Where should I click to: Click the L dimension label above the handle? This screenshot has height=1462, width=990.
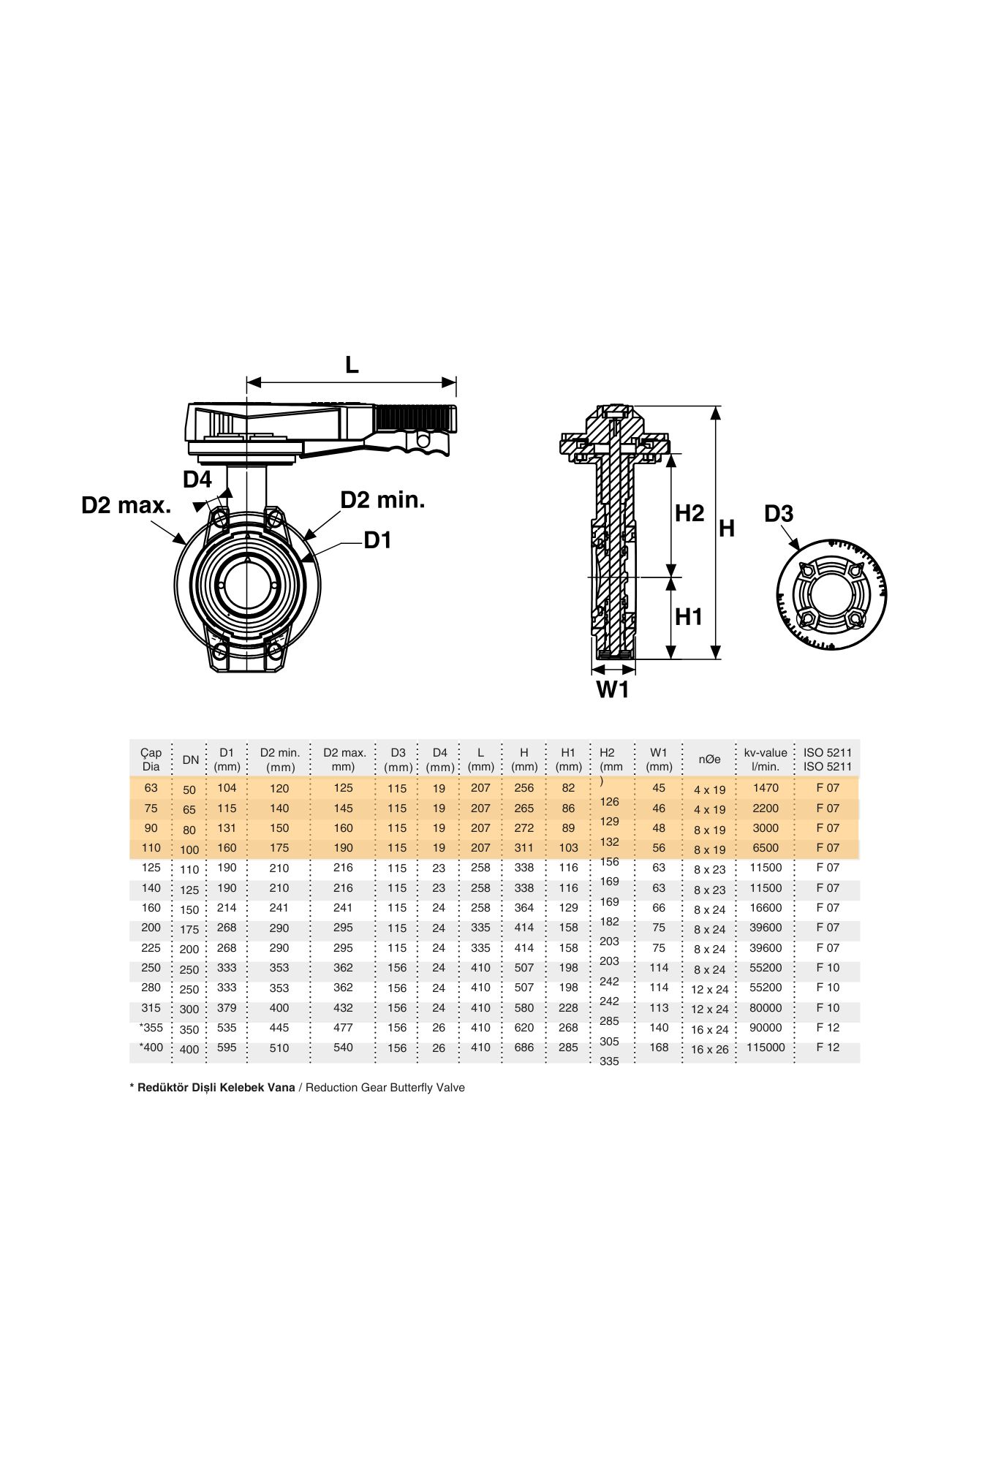tap(352, 365)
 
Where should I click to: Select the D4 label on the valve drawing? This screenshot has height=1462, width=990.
tap(197, 480)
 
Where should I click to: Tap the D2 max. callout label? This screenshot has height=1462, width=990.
tap(126, 505)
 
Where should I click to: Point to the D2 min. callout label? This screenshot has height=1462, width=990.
tap(382, 500)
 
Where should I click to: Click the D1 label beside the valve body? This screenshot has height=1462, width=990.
tap(378, 540)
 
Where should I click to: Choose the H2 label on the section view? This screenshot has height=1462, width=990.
tap(689, 513)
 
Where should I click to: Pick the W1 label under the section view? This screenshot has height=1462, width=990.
tap(613, 689)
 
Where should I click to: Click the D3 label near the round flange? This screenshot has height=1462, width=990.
tap(778, 514)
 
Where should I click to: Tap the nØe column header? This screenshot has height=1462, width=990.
tap(709, 760)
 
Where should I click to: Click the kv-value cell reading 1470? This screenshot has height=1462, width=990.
tap(766, 788)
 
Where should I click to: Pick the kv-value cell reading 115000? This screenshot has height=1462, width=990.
tap(766, 1048)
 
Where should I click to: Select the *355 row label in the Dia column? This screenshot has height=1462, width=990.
tap(151, 1028)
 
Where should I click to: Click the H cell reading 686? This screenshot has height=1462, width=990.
tap(524, 1048)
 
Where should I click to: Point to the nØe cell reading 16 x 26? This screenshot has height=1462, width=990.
tap(709, 1050)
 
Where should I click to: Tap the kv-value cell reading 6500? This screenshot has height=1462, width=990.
tap(766, 848)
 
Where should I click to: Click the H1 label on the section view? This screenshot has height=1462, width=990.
tap(688, 617)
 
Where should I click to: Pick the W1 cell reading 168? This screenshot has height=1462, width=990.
tap(659, 1048)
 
